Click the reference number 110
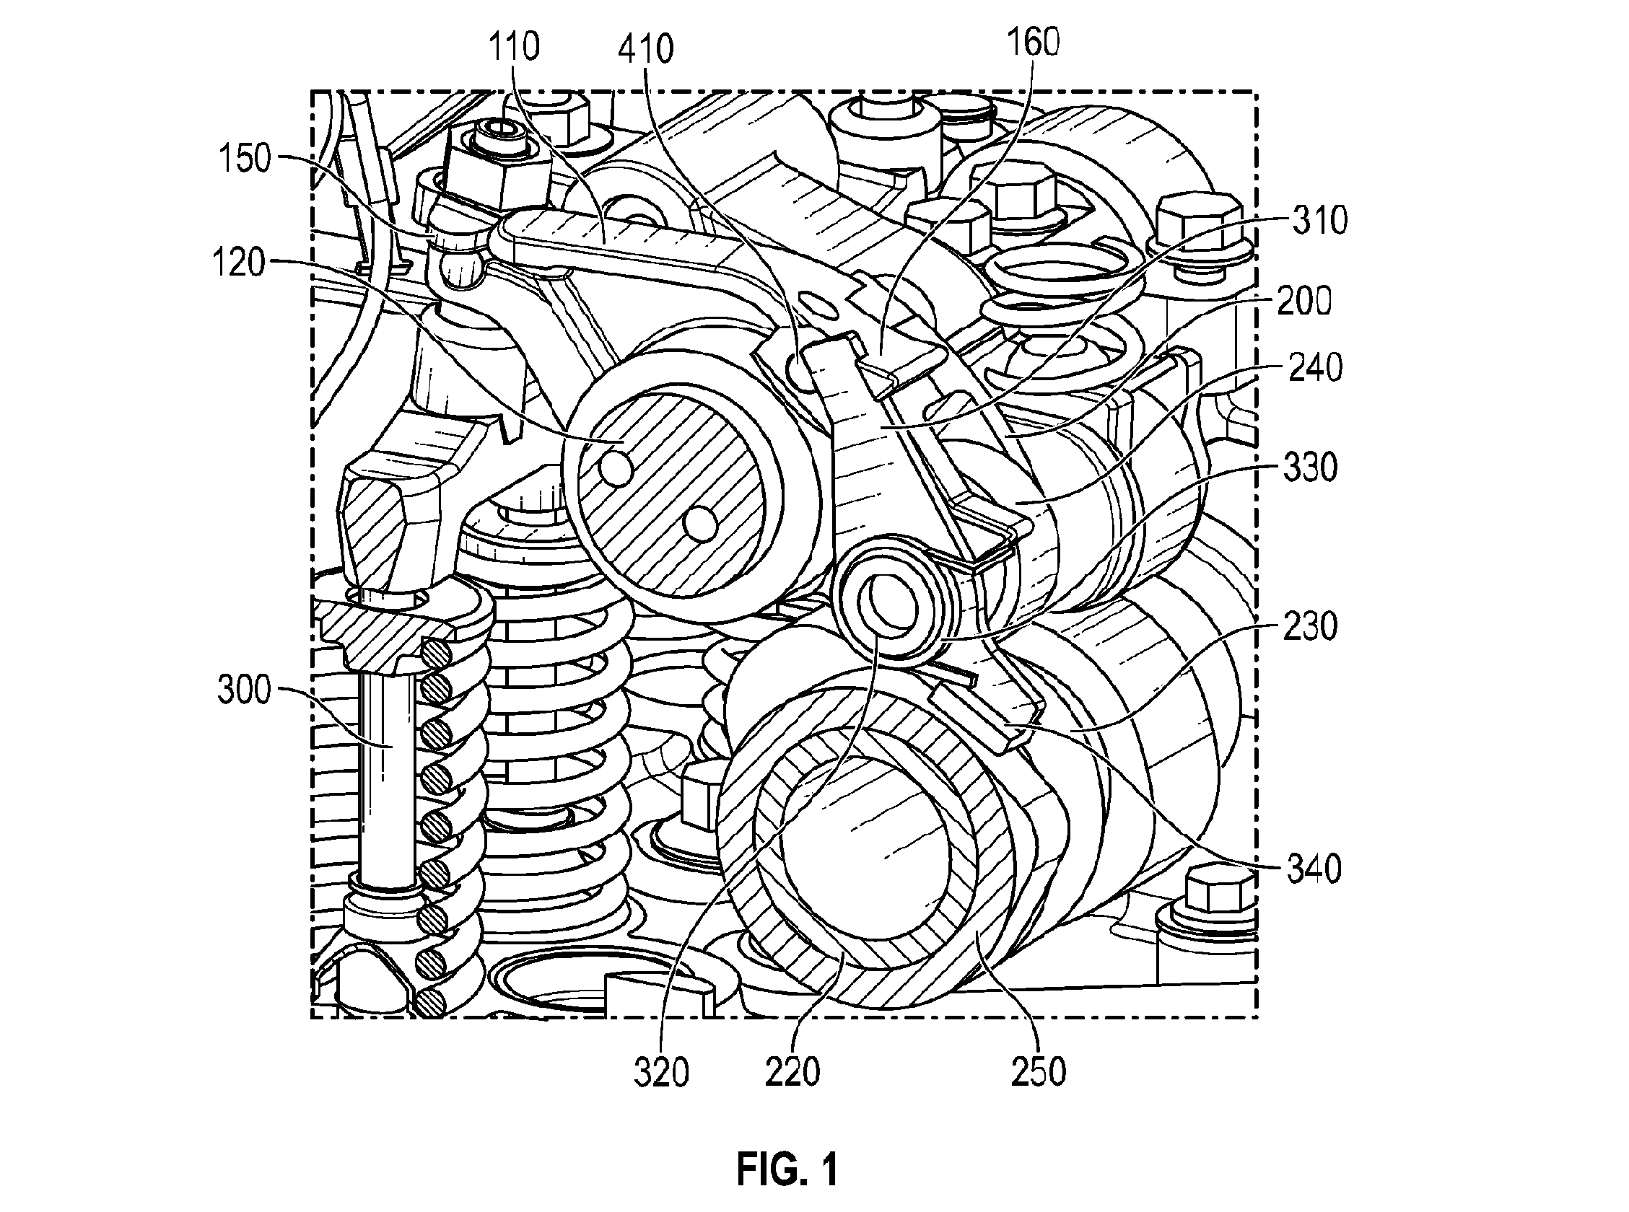point(515,47)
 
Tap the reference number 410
point(646,50)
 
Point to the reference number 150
point(245,159)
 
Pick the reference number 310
point(1319,220)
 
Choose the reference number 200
point(1304,301)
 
